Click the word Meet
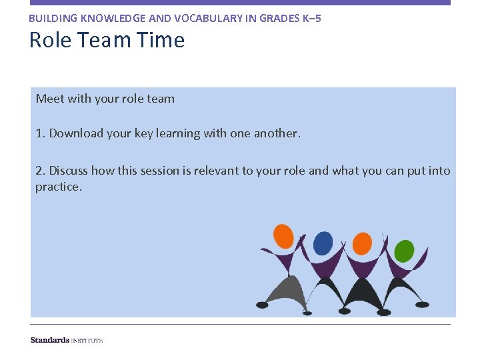point(50,99)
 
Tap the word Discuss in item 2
point(69,171)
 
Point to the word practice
point(57,187)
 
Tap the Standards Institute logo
point(67,340)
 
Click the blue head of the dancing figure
point(323,243)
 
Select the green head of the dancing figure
point(404,251)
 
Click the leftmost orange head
point(283,235)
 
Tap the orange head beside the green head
point(363,243)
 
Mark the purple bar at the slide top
point(240,3)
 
